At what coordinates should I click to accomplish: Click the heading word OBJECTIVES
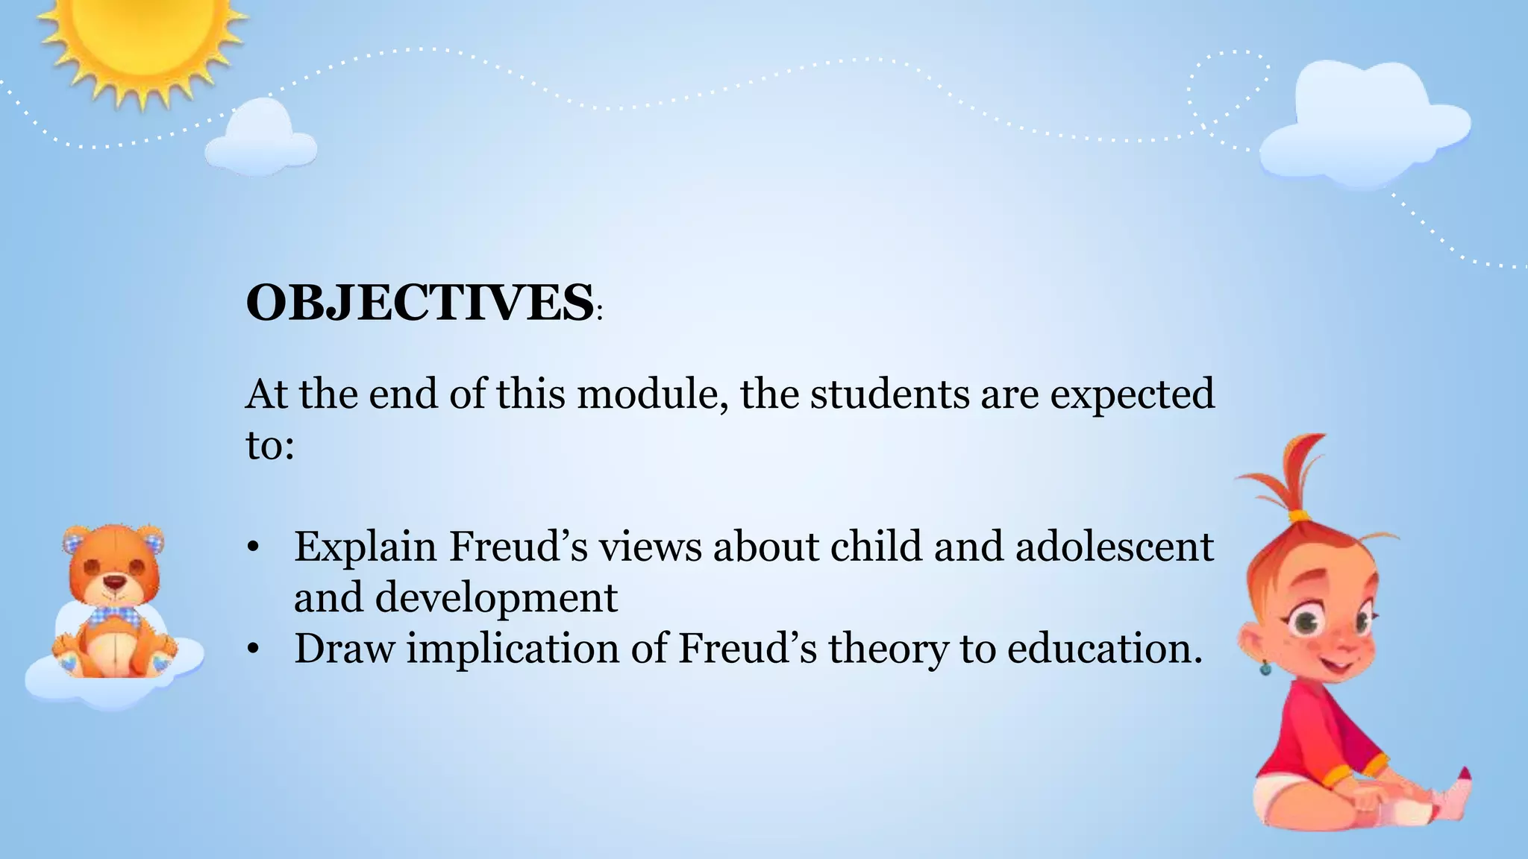pyautogui.click(x=419, y=303)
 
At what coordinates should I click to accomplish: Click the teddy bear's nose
pyautogui.click(x=113, y=581)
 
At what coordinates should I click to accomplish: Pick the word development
pyautogui.click(x=496, y=597)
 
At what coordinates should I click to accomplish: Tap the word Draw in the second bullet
pyautogui.click(x=343, y=648)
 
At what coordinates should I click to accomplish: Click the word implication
pyautogui.click(x=513, y=648)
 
